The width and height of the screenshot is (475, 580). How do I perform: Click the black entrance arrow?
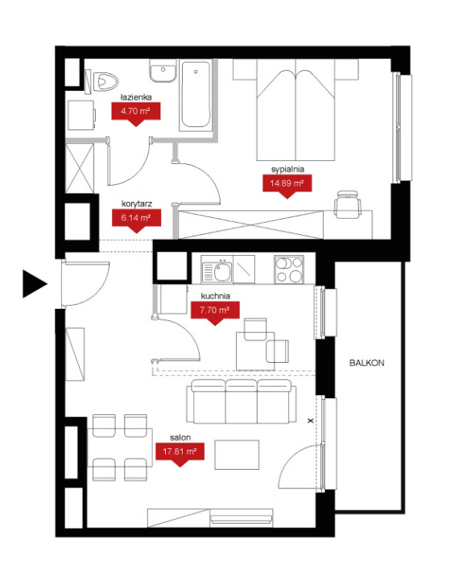[x=34, y=284]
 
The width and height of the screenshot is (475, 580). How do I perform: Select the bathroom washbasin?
[x=163, y=70]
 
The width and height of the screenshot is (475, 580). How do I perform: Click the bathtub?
[x=196, y=95]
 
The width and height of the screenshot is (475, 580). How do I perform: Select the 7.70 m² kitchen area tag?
[x=215, y=313]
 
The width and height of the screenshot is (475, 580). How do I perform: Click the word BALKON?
[x=367, y=364]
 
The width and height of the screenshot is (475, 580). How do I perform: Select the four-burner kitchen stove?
[x=289, y=270]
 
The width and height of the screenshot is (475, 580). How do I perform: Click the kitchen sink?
[x=217, y=271]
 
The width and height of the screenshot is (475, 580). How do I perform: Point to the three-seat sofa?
[x=242, y=401]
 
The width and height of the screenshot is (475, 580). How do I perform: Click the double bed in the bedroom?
[x=295, y=110]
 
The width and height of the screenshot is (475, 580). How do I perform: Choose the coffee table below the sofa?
[x=237, y=455]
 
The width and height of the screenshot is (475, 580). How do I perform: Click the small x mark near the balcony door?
[x=311, y=421]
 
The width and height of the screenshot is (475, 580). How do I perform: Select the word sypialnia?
[x=287, y=170]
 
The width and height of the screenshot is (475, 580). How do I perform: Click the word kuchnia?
[x=216, y=296]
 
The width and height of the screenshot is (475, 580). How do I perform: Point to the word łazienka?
[x=136, y=97]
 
